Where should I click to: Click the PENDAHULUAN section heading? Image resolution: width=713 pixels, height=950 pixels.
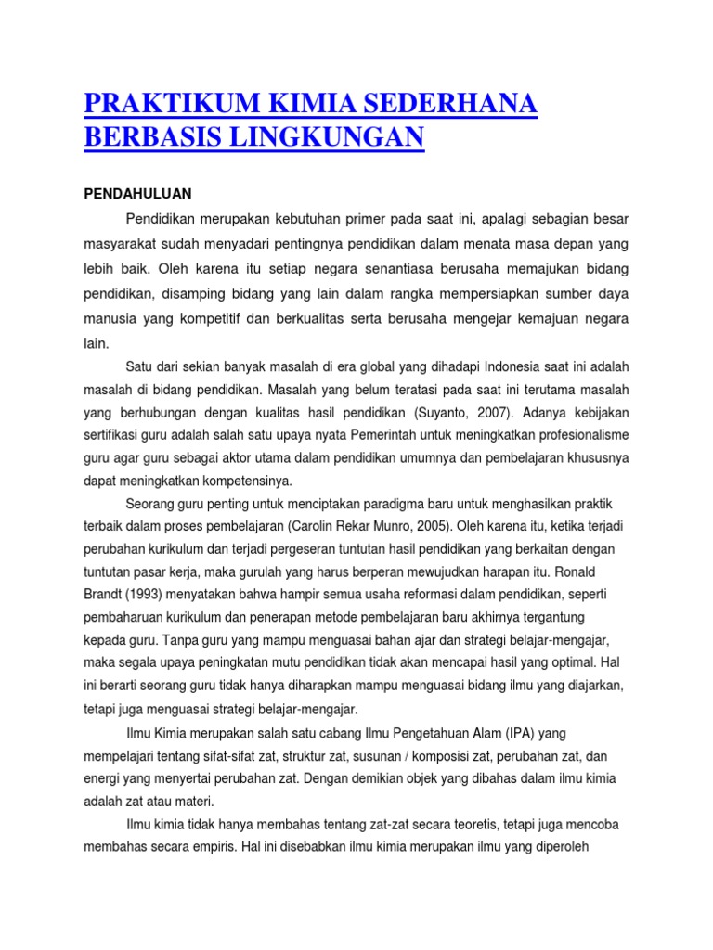pos(137,194)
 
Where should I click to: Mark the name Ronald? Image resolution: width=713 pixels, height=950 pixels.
pos(603,571)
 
